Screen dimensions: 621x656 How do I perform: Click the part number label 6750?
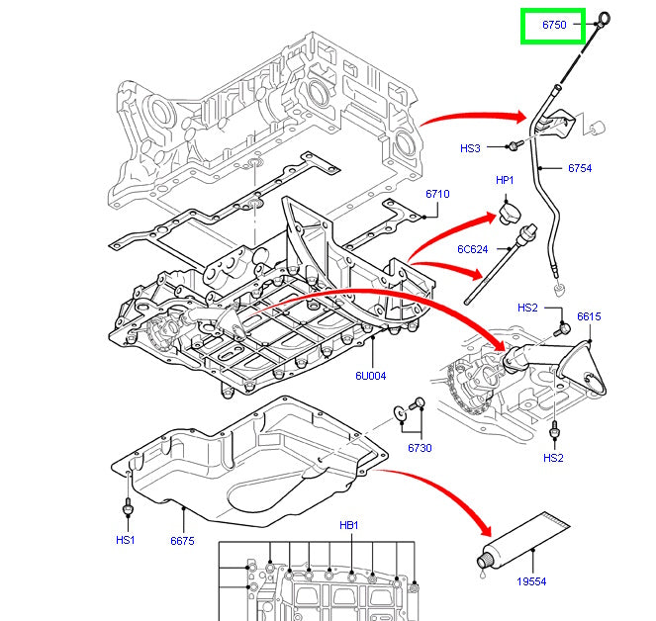point(553,27)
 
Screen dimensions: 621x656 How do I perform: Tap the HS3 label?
point(470,148)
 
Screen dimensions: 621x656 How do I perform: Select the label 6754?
point(580,168)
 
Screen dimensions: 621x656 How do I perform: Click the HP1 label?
point(505,181)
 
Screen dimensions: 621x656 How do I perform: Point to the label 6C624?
point(472,248)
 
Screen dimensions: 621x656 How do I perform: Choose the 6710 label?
point(437,194)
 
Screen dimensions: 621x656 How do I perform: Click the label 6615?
point(589,316)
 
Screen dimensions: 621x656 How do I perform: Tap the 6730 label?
point(419,448)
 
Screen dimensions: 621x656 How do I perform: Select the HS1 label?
point(125,540)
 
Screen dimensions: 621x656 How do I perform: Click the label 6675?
point(182,540)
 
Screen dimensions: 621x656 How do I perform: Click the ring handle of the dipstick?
point(604,17)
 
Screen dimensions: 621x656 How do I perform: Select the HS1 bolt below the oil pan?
point(127,508)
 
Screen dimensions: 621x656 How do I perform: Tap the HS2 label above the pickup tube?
point(527,308)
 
